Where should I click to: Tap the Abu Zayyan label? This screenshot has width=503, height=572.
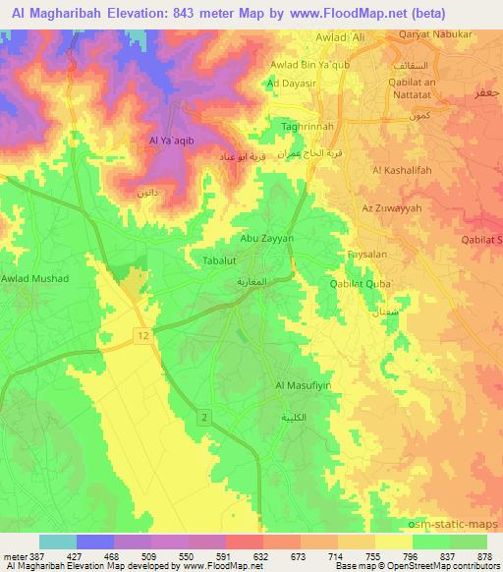pos(261,238)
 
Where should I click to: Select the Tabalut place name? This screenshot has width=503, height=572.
pos(209,259)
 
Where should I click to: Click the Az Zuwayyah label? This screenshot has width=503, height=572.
pos(391,208)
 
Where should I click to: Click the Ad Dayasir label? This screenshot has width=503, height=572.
pos(292,85)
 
